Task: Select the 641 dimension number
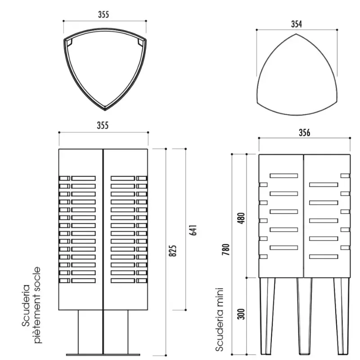193,230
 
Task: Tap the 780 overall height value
226,250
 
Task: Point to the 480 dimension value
242,218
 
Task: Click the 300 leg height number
241,314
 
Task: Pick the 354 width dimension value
297,24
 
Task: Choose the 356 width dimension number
305,133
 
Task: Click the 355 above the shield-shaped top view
103,14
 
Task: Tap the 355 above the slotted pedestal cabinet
103,126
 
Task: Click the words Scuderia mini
219,319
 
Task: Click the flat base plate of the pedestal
103,355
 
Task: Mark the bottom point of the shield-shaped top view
105,110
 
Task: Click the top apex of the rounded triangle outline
296,34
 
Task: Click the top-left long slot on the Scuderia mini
284,175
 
